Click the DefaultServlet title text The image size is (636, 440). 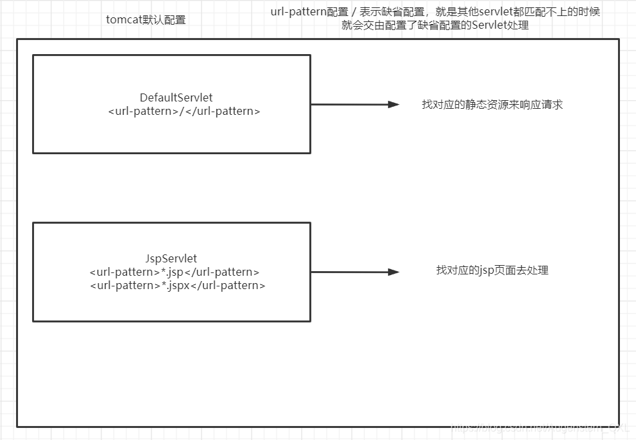[x=176, y=97]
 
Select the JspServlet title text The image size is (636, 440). [x=171, y=258]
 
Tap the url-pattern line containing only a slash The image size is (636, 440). [x=184, y=111]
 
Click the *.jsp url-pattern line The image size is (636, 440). [x=174, y=272]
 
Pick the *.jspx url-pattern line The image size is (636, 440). [x=177, y=285]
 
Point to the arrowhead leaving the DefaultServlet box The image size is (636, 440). [x=394, y=104]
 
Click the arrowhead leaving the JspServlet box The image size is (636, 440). [x=394, y=272]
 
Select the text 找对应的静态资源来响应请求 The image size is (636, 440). [x=492, y=104]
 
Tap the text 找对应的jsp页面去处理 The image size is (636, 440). [x=492, y=270]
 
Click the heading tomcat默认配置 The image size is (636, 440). [x=146, y=19]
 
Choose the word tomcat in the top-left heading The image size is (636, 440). [x=124, y=19]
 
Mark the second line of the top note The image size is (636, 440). [x=435, y=25]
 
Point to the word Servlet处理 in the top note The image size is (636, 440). [x=500, y=25]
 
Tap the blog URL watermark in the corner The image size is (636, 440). [x=541, y=427]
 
